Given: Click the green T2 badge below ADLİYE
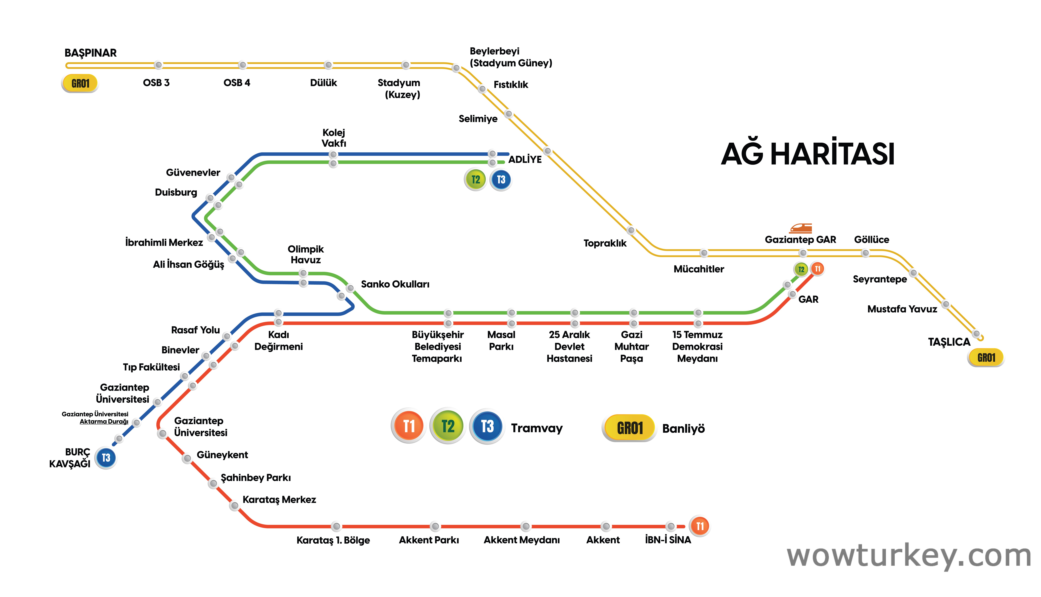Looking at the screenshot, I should coord(475,180).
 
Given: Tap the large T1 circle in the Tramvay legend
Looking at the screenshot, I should coord(409,426).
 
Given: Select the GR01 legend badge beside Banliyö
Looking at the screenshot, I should coord(630,428).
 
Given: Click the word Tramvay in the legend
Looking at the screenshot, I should coord(537,428).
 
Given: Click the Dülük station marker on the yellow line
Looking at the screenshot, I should coord(328,65).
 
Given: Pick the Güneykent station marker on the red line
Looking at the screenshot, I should coord(187,458).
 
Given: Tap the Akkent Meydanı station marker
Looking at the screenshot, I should coord(525,526).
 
